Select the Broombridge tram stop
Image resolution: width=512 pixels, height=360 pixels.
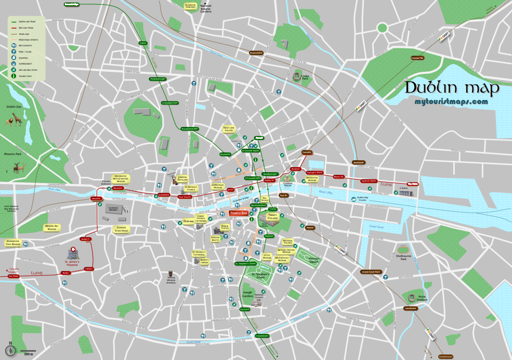click(72, 4)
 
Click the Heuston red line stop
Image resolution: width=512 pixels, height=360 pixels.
click(96, 199)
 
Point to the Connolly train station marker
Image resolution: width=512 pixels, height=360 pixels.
click(307, 152)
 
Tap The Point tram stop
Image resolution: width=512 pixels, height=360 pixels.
click(413, 184)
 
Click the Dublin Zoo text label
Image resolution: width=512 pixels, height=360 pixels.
click(14, 107)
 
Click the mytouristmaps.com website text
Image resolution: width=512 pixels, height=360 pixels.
click(451, 101)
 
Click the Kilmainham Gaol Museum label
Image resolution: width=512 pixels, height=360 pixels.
click(13, 242)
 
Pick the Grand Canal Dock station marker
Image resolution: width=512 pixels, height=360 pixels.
click(371, 272)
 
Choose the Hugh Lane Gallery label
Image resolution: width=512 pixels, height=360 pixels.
click(229, 129)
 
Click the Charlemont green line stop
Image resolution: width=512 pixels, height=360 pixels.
click(262, 336)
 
